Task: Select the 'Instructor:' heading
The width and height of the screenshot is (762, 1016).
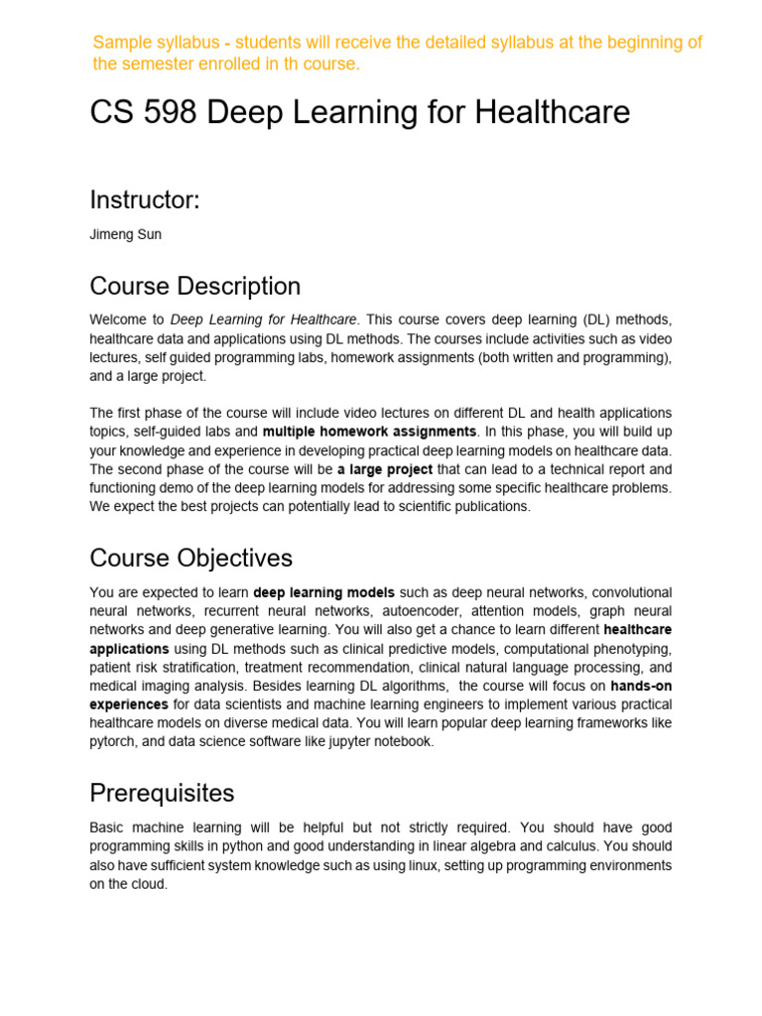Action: pos(145,199)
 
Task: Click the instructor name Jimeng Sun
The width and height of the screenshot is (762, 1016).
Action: pos(124,235)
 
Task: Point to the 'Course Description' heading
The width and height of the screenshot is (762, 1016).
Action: pos(194,286)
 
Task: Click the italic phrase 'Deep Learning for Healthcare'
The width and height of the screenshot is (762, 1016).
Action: pos(262,319)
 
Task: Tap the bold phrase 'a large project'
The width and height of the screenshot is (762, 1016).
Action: pos(385,469)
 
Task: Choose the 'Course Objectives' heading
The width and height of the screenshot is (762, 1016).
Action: pos(190,558)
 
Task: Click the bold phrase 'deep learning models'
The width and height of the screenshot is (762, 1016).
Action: pos(324,592)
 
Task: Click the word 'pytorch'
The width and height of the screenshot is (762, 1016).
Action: pos(112,741)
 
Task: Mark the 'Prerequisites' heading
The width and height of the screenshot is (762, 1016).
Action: pos(162,793)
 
